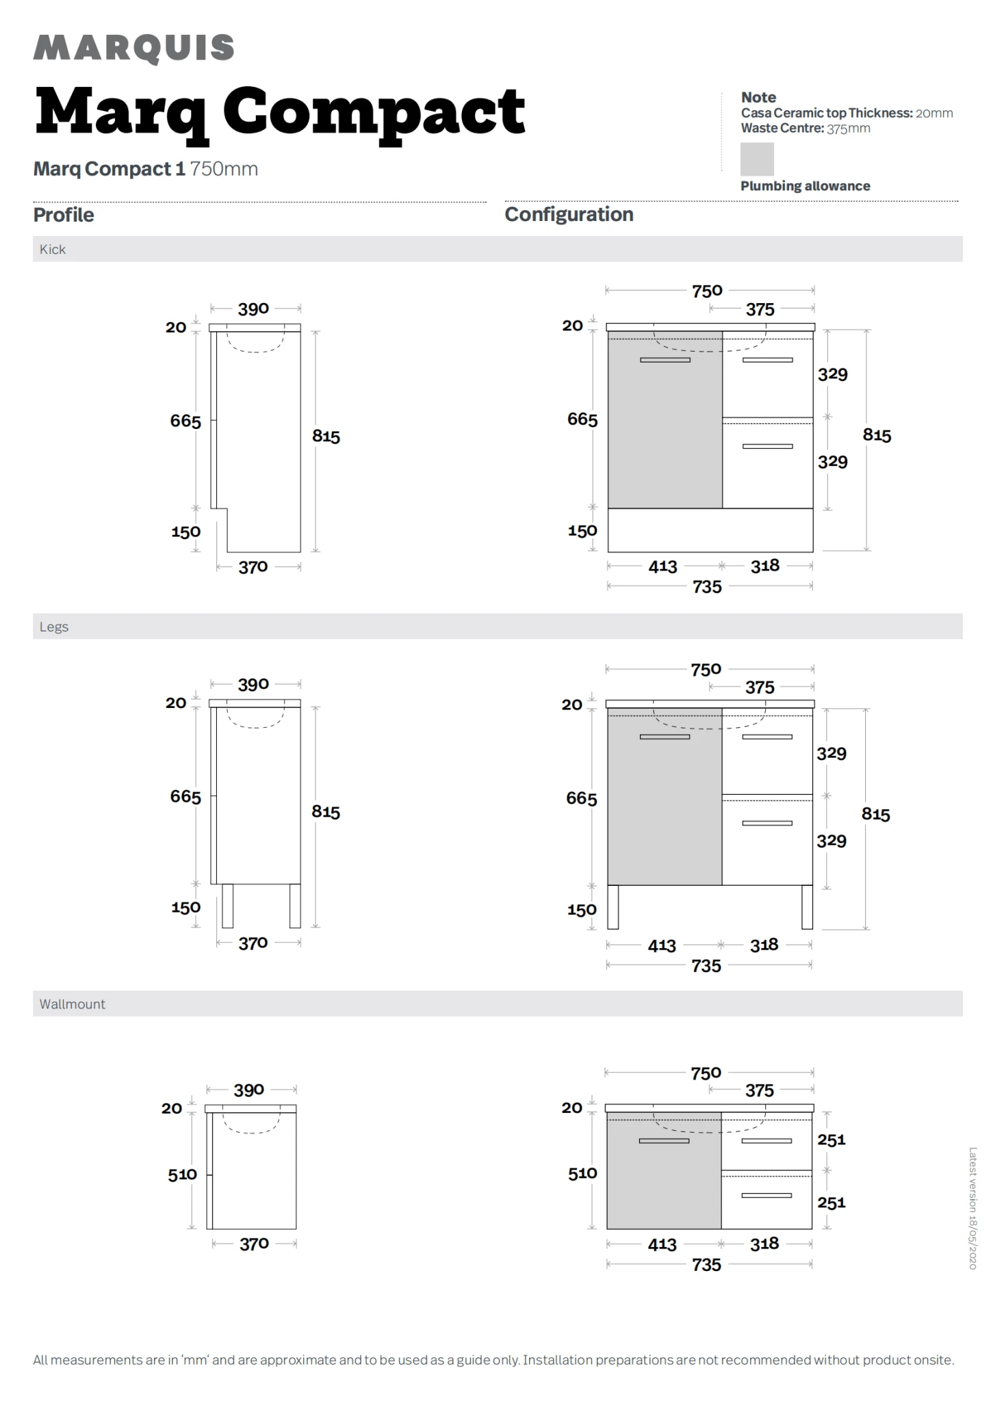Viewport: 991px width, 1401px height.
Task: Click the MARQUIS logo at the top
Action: (x=133, y=48)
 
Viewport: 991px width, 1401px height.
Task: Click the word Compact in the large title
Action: (x=374, y=114)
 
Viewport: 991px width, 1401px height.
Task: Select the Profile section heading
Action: (x=64, y=215)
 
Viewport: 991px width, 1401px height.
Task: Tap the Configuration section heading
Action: (x=569, y=214)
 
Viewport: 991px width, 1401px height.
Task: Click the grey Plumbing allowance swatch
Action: (x=757, y=159)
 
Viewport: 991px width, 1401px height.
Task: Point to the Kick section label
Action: (x=53, y=249)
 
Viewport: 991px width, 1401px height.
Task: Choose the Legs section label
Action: (x=54, y=627)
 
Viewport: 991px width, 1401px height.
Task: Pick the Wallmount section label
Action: (x=73, y=1004)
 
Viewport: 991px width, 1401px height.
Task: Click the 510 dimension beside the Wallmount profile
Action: (x=183, y=1175)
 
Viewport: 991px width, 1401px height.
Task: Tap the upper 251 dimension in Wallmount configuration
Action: (x=832, y=1140)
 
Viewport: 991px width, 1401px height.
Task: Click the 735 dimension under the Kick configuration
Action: (x=707, y=587)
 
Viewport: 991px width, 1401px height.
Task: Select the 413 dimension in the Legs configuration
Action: (x=662, y=945)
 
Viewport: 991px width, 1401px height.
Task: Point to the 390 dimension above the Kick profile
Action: (x=253, y=309)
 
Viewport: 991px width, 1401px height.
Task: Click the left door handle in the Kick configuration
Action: (x=665, y=360)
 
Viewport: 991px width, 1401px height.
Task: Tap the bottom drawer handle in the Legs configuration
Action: (x=767, y=823)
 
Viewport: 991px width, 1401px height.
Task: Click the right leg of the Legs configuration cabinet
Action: (x=807, y=907)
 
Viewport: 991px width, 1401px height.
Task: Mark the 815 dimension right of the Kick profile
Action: (x=326, y=436)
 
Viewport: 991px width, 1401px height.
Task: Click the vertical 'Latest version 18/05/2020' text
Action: (x=973, y=1208)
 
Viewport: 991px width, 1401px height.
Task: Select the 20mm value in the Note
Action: (x=934, y=113)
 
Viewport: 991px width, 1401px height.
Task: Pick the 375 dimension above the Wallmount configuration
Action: (x=760, y=1090)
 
